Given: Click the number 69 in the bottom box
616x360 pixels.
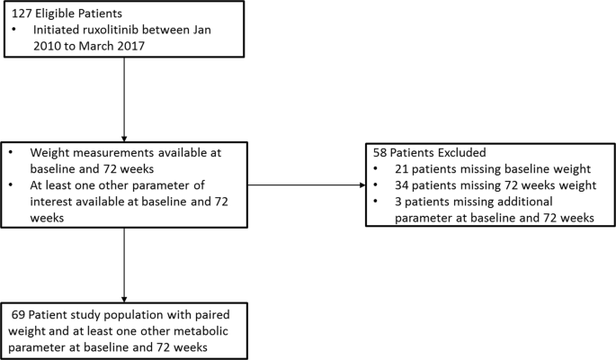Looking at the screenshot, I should point(20,316).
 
